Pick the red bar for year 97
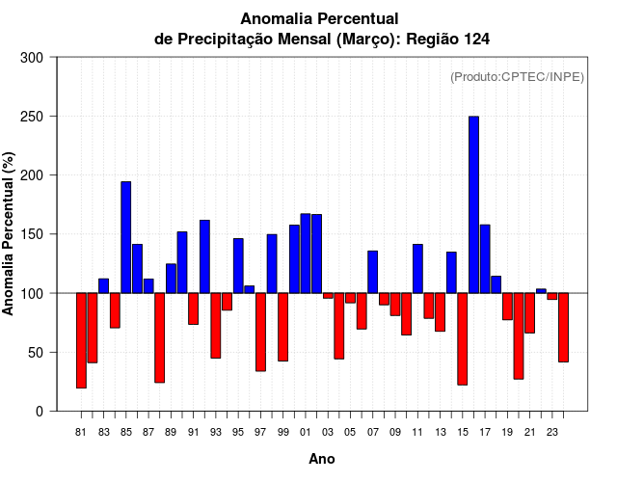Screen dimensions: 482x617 [x=260, y=332]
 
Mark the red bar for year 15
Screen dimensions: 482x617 [x=462, y=338]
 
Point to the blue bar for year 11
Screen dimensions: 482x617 [x=417, y=269]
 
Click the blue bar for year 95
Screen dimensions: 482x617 [x=238, y=265]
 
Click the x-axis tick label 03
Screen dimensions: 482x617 [x=328, y=433]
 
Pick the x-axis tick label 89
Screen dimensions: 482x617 [x=171, y=433]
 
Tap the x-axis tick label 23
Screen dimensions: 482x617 [x=551, y=433]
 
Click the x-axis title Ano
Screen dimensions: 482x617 [x=322, y=459]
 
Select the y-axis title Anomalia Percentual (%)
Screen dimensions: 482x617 [x=9, y=234]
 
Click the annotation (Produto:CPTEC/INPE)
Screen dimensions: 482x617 [x=517, y=77]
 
